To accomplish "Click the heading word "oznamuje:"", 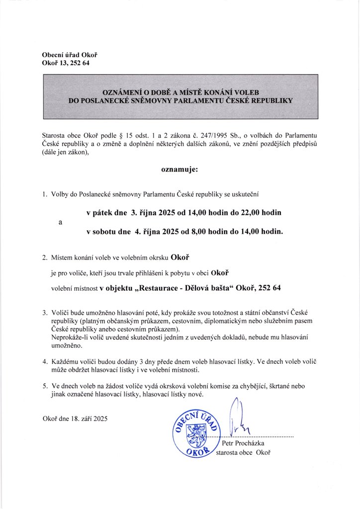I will point(180,170).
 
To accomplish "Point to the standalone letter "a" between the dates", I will point(60,222).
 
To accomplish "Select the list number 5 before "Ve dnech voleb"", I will point(45,385).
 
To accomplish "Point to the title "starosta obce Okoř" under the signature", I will point(243,452).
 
